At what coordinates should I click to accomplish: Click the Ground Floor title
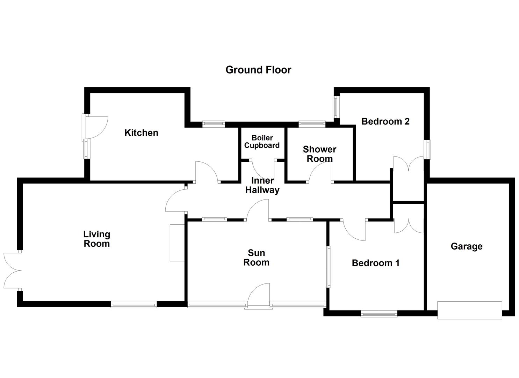click(x=258, y=70)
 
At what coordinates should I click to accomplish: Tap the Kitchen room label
click(x=141, y=133)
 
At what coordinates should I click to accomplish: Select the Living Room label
click(x=96, y=239)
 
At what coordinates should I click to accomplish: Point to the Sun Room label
click(x=256, y=258)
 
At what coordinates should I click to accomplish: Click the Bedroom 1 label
click(x=375, y=263)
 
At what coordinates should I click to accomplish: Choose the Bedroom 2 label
click(x=385, y=121)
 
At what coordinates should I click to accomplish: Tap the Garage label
click(x=466, y=246)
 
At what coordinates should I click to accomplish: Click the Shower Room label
click(x=319, y=154)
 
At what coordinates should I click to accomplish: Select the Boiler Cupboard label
click(x=262, y=142)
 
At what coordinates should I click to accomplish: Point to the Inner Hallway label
click(x=262, y=185)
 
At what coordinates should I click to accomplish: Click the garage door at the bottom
click(x=469, y=310)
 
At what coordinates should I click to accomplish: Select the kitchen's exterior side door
click(x=95, y=127)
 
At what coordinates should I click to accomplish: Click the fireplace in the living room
click(x=177, y=243)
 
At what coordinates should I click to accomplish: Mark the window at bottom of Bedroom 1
click(x=379, y=314)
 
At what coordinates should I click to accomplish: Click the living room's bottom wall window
click(x=134, y=305)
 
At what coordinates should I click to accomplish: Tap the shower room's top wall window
click(x=312, y=124)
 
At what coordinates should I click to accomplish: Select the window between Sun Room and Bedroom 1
click(x=329, y=267)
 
